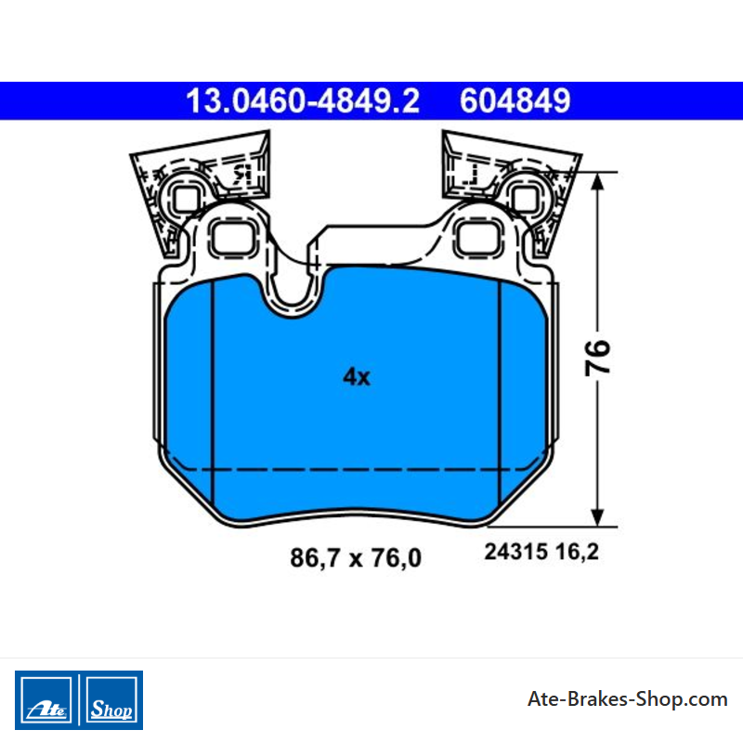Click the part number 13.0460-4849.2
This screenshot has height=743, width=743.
click(303, 101)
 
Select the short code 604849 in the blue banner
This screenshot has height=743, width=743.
click(515, 101)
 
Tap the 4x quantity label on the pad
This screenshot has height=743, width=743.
click(357, 377)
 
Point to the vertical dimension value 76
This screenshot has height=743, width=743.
click(597, 358)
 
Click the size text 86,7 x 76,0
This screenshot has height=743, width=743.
click(356, 558)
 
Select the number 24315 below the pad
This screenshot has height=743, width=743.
click(516, 552)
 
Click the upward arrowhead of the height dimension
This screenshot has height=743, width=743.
click(597, 182)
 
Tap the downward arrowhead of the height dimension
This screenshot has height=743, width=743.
click(597, 516)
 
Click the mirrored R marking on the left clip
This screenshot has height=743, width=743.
click(241, 175)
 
